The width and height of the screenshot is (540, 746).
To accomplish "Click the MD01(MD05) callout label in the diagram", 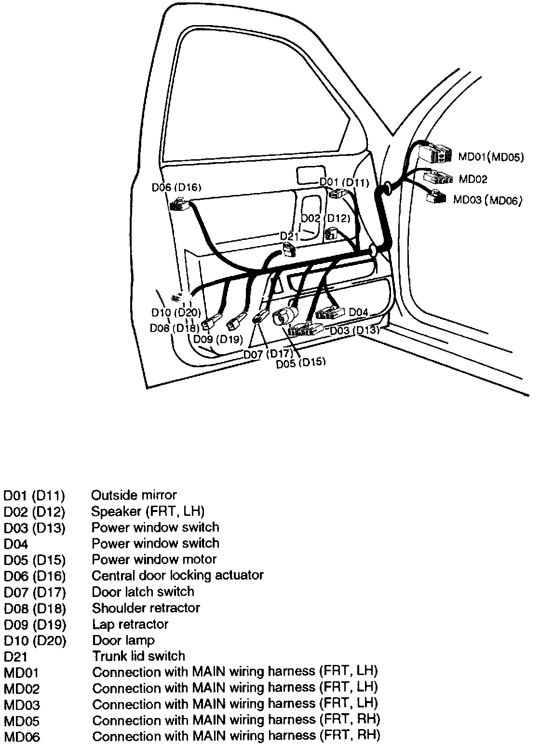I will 490,157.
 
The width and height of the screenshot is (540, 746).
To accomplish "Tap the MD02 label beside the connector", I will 472,179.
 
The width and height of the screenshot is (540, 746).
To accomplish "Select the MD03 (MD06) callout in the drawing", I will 488,200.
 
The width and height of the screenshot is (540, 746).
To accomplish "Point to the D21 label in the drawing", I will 290,236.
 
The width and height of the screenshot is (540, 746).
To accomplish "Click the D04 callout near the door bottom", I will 358,312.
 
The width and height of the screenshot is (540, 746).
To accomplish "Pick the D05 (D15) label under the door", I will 300,363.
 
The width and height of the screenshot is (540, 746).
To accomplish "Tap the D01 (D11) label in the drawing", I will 344,182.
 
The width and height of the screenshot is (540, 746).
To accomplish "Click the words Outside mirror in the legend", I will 134,495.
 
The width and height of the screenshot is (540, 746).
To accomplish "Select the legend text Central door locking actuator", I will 177,575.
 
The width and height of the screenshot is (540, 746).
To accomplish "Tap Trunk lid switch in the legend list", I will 138,656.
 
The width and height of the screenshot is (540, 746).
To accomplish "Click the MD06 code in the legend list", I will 22,737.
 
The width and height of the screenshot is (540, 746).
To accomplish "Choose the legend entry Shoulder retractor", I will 146,608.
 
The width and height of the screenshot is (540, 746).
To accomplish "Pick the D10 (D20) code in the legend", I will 35,640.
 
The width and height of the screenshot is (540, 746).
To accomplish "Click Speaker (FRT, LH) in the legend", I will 148,511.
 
